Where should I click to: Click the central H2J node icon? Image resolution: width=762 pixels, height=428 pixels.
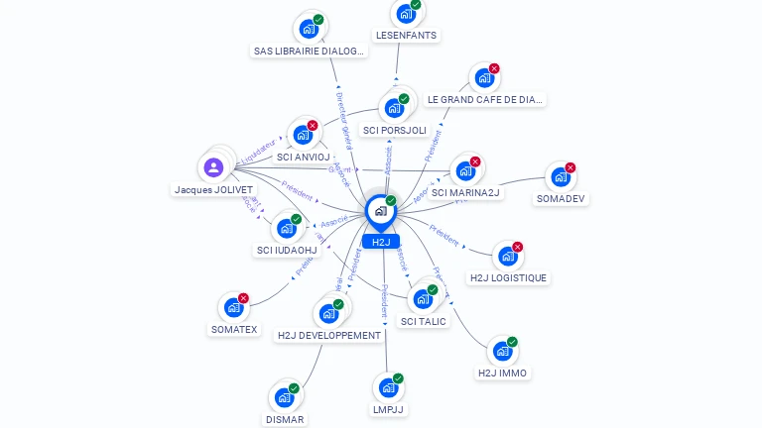click(x=380, y=211)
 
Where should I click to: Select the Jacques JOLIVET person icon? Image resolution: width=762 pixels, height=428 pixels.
click(x=213, y=167)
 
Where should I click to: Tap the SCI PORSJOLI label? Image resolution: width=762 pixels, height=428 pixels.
click(x=395, y=130)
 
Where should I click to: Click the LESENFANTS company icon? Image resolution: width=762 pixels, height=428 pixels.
click(x=405, y=14)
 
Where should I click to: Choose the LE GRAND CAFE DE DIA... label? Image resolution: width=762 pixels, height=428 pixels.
click(x=485, y=99)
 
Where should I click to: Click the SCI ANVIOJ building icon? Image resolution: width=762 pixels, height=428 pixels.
click(x=303, y=135)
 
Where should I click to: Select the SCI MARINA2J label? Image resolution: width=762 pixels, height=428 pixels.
click(x=466, y=192)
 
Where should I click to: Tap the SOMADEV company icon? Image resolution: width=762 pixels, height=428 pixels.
click(x=561, y=177)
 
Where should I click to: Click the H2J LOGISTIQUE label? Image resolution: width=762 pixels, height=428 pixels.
click(x=508, y=277)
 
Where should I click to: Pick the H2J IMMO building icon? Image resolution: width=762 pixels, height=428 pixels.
click(x=502, y=352)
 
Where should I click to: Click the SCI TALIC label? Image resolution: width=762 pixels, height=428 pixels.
click(x=424, y=321)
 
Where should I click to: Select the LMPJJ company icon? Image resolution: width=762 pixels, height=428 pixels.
click(x=388, y=387)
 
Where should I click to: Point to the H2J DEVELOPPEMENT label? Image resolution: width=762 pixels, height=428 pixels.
click(x=329, y=335)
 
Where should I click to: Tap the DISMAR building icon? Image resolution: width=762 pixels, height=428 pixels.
click(x=284, y=397)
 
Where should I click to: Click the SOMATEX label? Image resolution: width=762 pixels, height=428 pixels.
click(x=234, y=329)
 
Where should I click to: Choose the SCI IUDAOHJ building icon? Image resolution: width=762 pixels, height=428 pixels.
click(x=286, y=229)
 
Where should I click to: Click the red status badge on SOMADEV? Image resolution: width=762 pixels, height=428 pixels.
click(x=571, y=168)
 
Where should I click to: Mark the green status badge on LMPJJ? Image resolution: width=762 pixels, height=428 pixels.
click(x=398, y=378)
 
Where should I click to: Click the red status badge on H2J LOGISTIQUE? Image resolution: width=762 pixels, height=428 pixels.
click(x=517, y=247)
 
